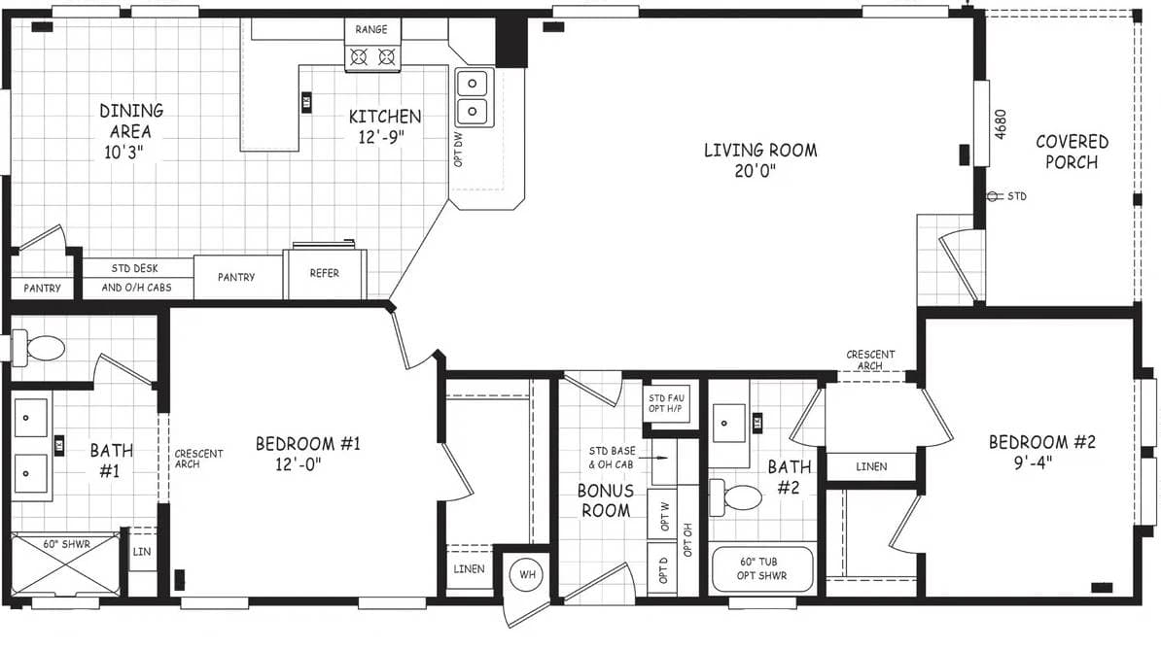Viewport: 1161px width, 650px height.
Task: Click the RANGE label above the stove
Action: (x=370, y=30)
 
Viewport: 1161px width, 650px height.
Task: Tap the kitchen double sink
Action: (x=474, y=97)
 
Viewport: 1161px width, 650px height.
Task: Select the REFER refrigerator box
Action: (x=325, y=274)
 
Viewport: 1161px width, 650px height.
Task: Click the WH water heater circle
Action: (x=527, y=574)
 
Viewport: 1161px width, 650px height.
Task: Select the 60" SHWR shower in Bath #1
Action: (x=65, y=565)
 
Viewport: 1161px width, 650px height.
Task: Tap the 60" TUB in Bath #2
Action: (x=762, y=568)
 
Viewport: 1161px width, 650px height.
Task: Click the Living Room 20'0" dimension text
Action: (x=760, y=172)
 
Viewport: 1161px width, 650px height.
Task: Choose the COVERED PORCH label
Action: (x=1072, y=153)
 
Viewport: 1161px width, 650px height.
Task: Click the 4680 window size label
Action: (x=1002, y=123)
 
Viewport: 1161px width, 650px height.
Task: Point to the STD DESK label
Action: (x=135, y=268)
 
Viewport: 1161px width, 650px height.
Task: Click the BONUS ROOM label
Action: (x=605, y=500)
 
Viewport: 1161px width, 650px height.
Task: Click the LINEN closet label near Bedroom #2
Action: (x=871, y=467)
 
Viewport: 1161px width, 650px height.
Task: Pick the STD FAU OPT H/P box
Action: (x=668, y=401)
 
